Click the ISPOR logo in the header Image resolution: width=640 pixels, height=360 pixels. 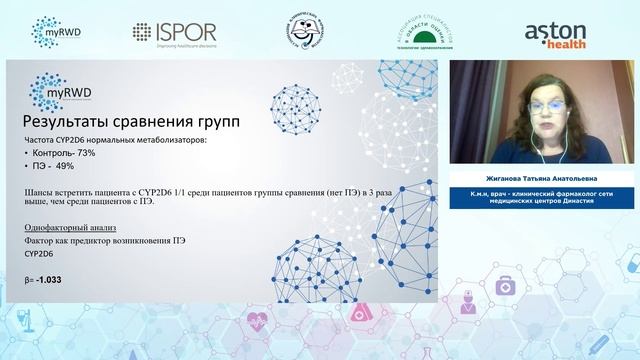click(171, 32)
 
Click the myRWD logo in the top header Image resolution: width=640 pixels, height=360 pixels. click(58, 32)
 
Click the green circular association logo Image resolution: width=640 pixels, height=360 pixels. click(425, 32)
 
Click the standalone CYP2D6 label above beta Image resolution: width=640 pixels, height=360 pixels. click(41, 255)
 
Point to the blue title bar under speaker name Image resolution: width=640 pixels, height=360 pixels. click(543, 196)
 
